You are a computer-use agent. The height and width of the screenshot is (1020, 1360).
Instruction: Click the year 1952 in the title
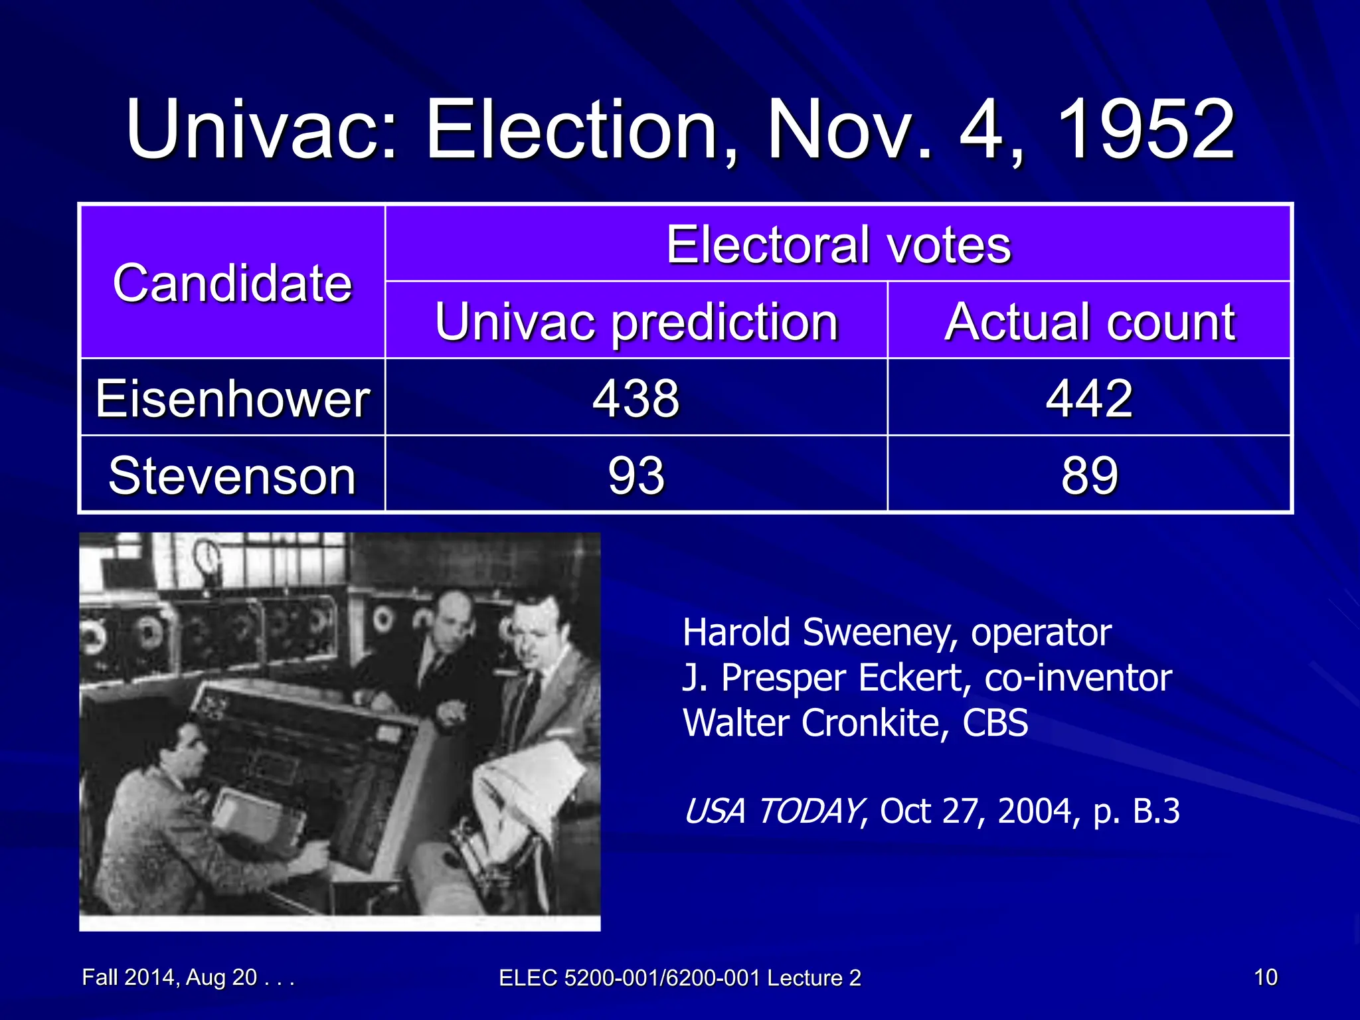click(x=1145, y=129)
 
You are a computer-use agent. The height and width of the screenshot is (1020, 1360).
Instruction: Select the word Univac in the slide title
click(x=262, y=129)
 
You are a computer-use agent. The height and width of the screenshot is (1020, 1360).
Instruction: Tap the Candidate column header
click(x=232, y=283)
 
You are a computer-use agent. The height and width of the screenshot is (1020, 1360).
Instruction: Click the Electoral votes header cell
click(x=838, y=244)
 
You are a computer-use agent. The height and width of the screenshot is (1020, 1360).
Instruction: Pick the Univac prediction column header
click(x=636, y=321)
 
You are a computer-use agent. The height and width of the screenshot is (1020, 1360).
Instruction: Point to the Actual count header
click(x=1089, y=321)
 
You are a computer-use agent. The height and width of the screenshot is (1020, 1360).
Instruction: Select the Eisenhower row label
click(x=232, y=398)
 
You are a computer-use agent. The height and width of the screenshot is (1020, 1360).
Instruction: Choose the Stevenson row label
click(x=232, y=475)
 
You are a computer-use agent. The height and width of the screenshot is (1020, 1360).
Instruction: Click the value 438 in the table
click(x=636, y=398)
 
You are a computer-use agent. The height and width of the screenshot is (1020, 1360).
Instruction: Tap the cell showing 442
click(x=1089, y=398)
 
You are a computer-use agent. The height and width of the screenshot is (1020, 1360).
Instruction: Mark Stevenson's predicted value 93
click(x=636, y=475)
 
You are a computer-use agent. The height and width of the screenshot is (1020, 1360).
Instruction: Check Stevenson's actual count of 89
click(x=1089, y=475)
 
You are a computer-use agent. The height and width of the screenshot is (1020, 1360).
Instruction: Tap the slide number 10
click(x=1265, y=977)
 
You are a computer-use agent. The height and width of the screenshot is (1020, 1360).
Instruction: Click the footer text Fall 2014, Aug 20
click(x=169, y=977)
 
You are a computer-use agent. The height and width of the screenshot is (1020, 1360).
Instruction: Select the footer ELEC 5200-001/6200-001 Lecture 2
click(x=679, y=977)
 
